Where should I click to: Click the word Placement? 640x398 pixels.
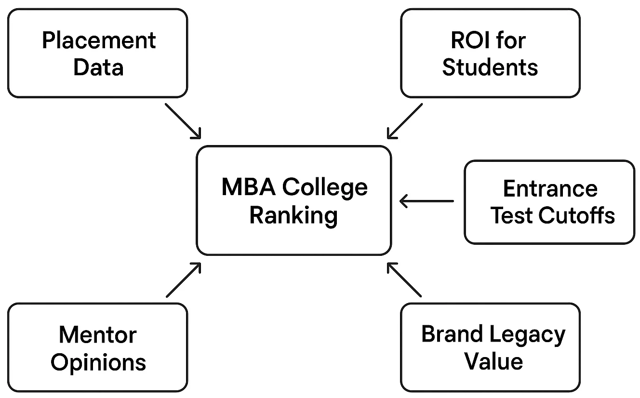99,40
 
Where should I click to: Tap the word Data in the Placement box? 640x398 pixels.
98,67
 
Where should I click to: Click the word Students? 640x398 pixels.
490,67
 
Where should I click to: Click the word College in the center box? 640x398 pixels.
325,188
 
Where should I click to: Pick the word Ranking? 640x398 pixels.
293,215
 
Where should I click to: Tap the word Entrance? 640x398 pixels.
550,188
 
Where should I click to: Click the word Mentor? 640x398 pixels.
98,334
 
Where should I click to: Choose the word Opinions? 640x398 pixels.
98,362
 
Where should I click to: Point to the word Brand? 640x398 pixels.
452,334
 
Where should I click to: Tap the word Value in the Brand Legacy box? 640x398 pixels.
493,361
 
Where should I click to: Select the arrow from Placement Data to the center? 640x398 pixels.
183,120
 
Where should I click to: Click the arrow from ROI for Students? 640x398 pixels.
405,120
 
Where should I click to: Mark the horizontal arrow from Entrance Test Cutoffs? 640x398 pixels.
427,201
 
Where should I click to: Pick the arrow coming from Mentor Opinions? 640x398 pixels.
183,279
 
